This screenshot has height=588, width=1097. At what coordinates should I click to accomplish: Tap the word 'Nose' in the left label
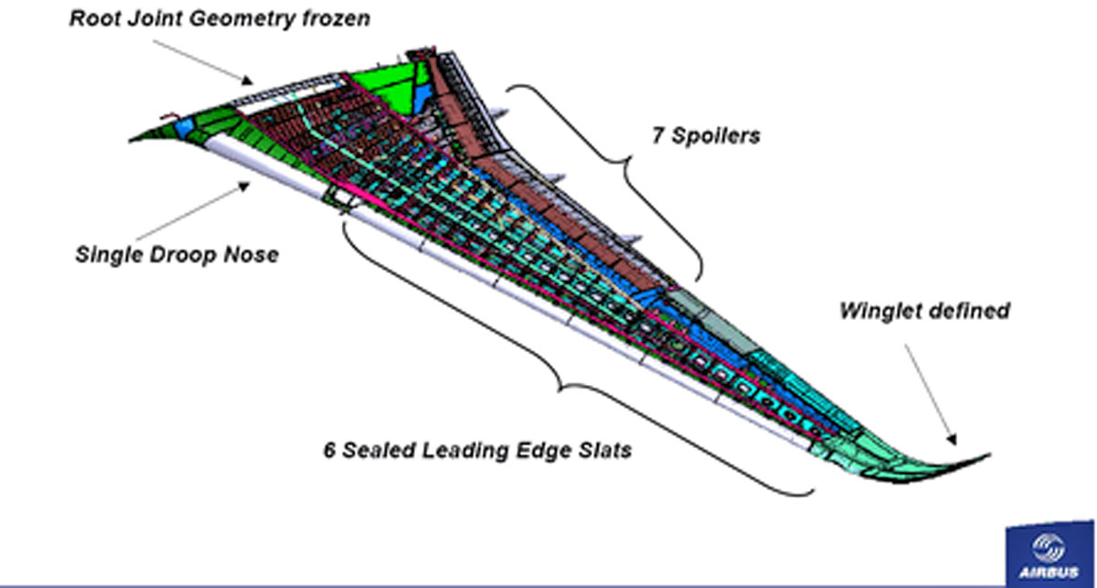[251, 253]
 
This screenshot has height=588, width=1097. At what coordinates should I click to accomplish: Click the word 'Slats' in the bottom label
[602, 451]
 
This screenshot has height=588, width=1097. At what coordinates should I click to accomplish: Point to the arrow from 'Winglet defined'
[930, 393]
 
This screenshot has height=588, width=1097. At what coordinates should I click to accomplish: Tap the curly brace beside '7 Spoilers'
[631, 165]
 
